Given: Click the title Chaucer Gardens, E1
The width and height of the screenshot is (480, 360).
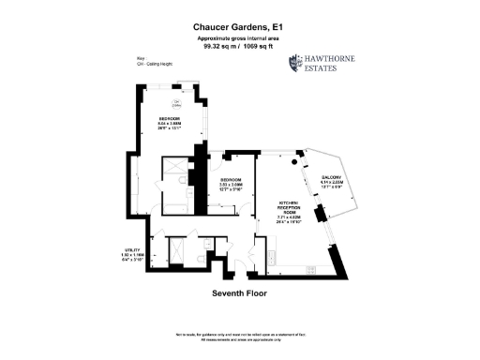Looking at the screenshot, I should pos(240,27).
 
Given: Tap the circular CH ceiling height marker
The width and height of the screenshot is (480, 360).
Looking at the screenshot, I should pos(177,102).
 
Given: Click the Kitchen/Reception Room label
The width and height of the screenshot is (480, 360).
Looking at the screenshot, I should pos(287,210).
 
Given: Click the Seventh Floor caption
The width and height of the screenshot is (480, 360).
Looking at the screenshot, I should pos(240,293).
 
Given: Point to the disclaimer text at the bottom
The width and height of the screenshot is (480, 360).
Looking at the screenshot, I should pos(240,336).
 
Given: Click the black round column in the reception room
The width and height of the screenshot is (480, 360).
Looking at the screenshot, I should pos(303,165).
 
